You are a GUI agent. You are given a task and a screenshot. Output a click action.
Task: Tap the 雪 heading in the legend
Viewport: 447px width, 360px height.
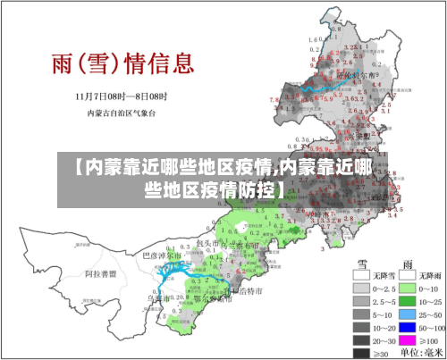coord(364,263)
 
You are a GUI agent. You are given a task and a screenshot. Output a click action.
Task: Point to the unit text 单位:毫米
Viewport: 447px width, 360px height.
coord(421,354)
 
